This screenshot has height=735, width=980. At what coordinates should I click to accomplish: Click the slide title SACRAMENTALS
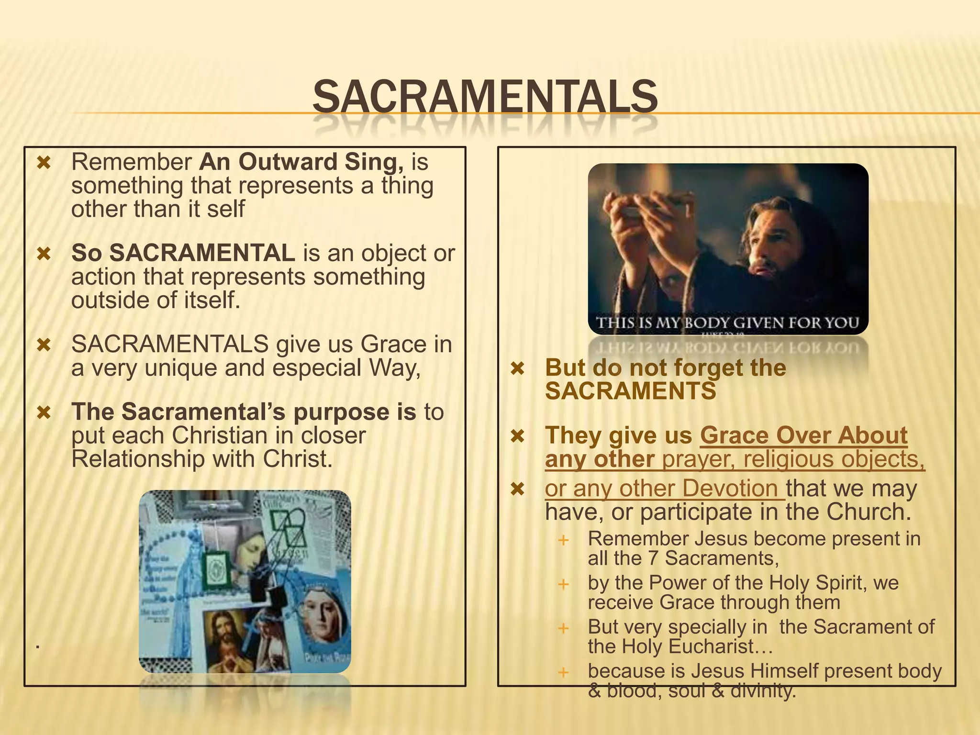point(485,97)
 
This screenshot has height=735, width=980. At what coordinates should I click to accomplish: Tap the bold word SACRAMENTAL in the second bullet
point(202,253)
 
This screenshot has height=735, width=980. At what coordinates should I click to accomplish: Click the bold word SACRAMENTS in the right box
point(630,391)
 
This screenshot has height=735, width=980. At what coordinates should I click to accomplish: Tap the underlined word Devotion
point(730,489)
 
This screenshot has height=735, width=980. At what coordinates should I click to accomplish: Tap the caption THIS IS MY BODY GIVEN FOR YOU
point(727,323)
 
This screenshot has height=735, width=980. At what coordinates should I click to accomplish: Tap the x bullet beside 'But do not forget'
point(518,368)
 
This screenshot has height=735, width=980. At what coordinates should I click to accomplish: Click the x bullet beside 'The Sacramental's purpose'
point(44,412)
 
